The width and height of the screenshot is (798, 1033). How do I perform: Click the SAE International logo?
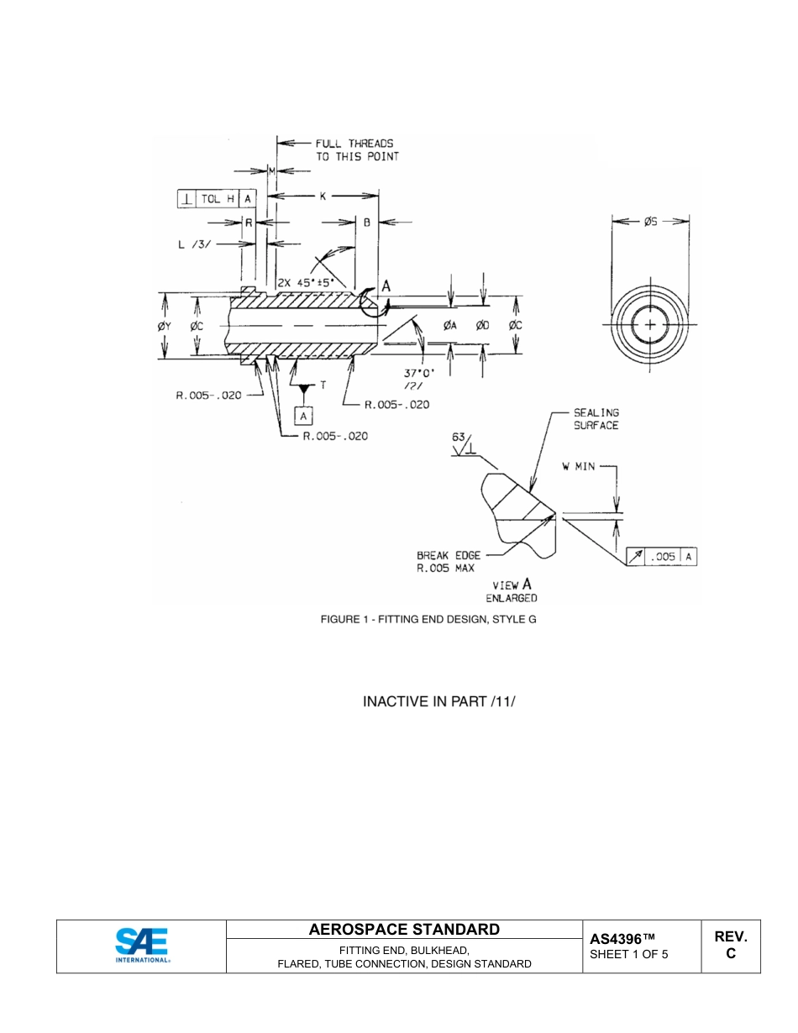point(142,945)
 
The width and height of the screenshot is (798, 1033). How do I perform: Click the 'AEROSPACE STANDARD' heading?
point(404,929)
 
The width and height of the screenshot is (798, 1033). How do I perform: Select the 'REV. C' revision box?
point(730,945)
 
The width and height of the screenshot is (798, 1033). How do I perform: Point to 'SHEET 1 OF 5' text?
point(629,954)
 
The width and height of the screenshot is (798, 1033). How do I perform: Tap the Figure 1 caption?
point(428,619)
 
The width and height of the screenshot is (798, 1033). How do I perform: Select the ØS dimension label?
point(650,222)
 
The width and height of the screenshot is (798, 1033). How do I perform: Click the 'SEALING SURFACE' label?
point(596,419)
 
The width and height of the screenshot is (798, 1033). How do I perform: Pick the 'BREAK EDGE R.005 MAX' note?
point(449,562)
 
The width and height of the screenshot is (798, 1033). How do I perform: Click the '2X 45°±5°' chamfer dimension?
point(310,282)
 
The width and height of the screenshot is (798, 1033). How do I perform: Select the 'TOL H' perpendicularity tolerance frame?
point(217,199)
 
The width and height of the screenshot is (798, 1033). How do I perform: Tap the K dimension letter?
point(323,196)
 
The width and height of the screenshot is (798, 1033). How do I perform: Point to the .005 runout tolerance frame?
point(663,556)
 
